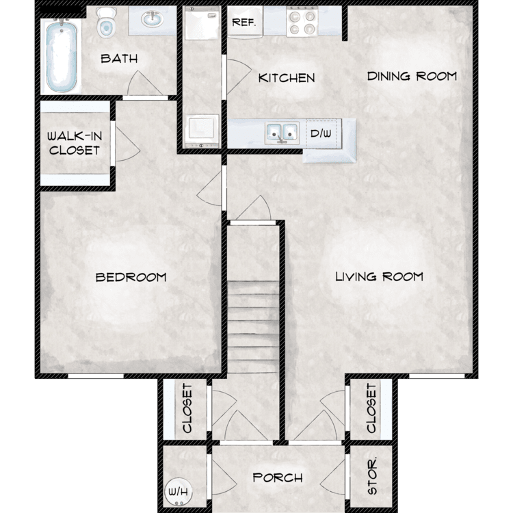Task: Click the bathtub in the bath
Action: [61, 57]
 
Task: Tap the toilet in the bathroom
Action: [106, 23]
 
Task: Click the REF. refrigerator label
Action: [244, 22]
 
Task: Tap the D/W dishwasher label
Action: [321, 133]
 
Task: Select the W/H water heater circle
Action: [176, 491]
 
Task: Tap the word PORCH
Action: [278, 477]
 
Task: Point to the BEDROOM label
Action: [131, 277]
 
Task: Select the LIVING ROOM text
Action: [379, 277]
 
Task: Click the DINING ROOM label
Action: [412, 76]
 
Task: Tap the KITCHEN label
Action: [287, 78]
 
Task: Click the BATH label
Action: [119, 58]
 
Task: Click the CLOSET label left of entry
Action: [187, 408]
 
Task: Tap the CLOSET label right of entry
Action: [371, 408]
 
